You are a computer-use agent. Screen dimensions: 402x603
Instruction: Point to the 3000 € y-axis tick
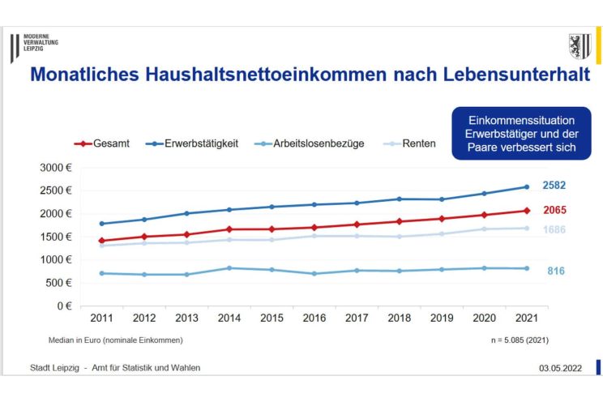57,168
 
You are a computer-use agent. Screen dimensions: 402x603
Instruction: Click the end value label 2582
554,186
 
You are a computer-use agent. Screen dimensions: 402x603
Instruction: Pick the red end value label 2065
554,211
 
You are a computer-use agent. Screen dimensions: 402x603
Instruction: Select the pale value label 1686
554,230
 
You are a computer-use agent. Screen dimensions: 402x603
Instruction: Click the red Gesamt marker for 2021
526,211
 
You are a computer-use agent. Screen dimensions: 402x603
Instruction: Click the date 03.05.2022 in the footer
560,368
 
